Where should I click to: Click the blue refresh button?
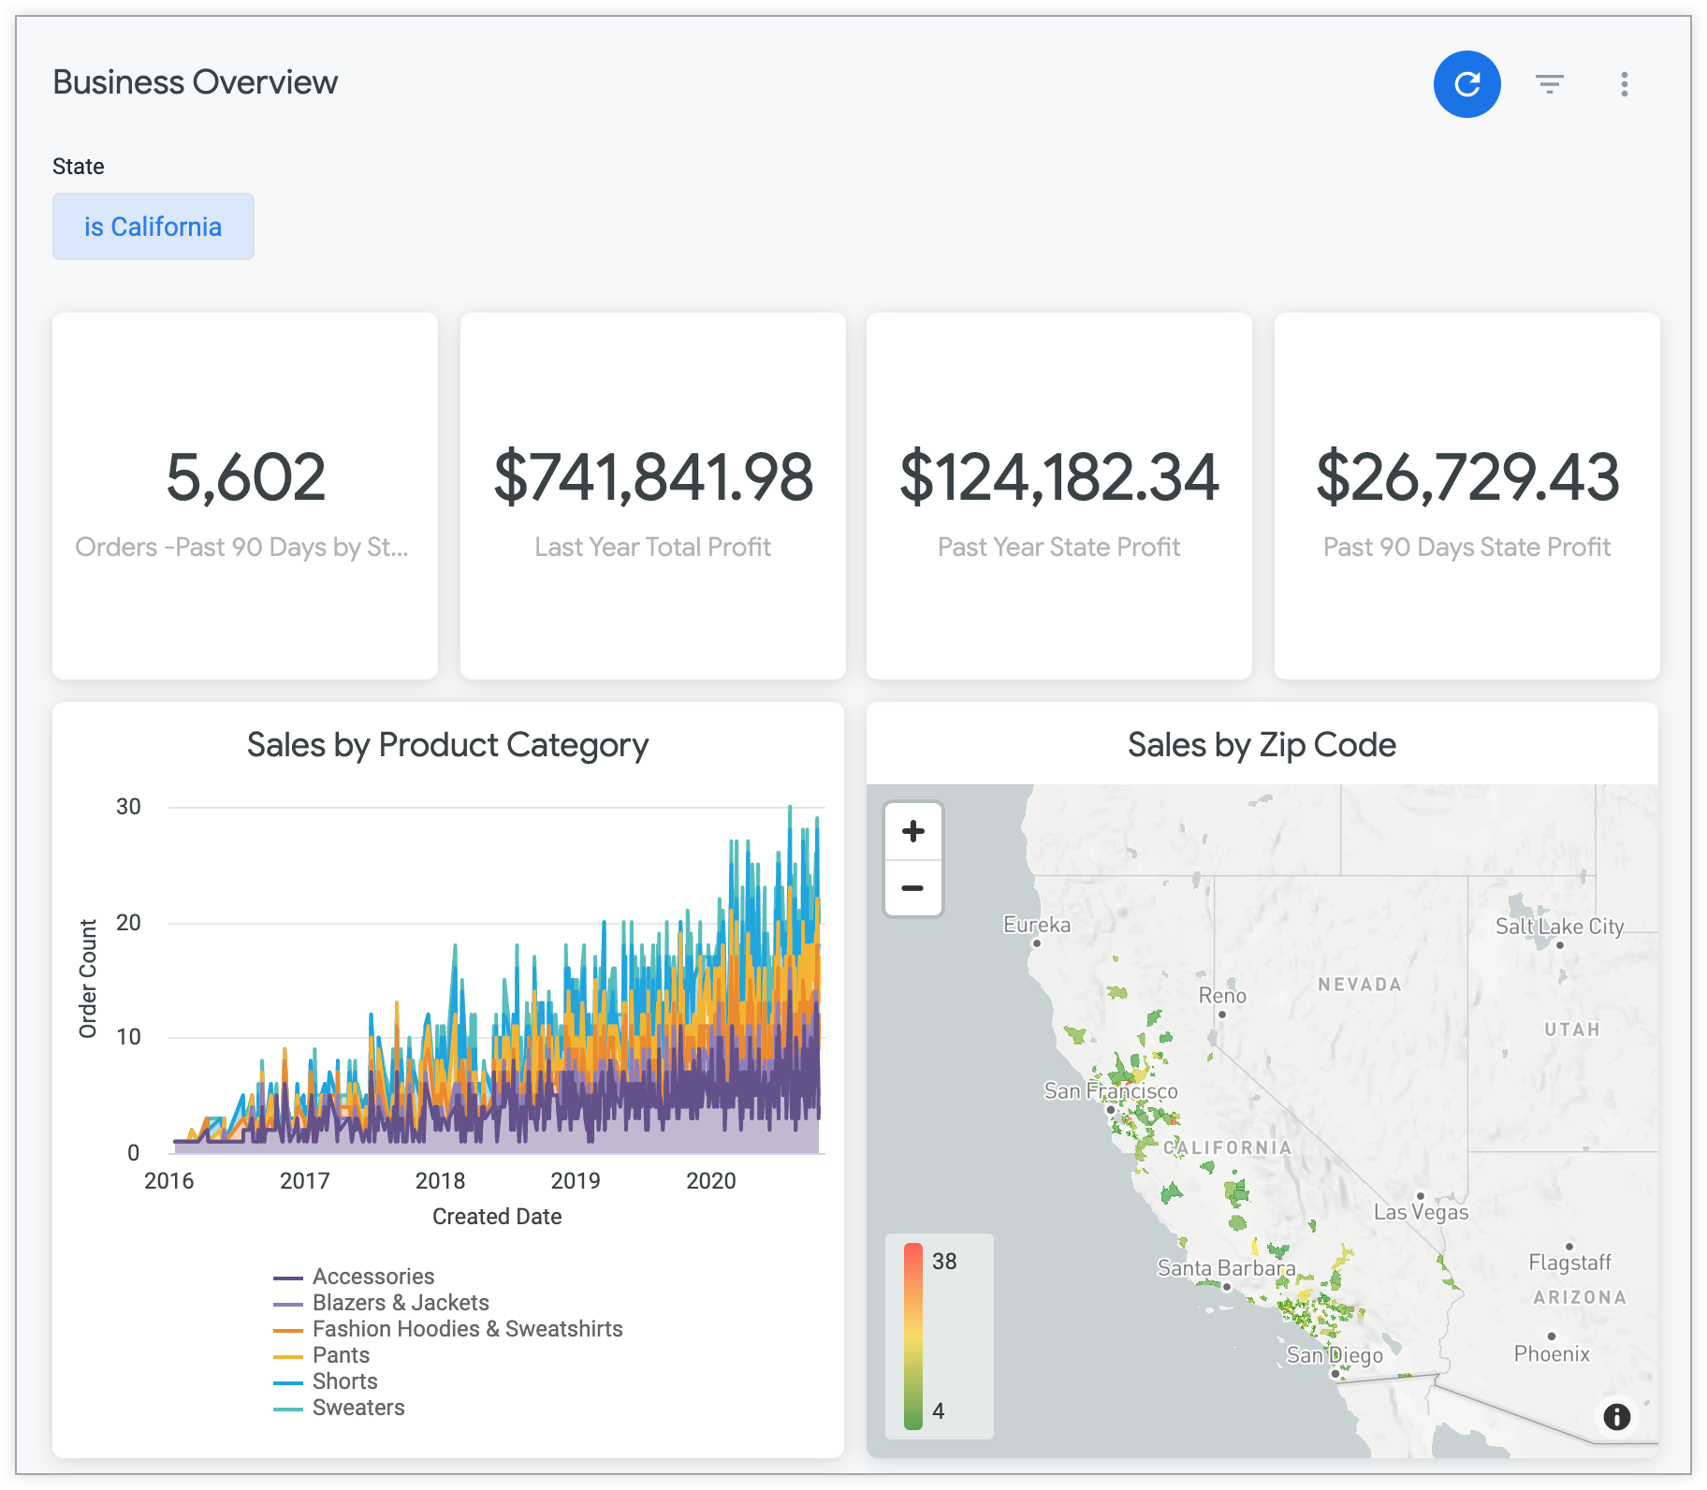pos(1466,84)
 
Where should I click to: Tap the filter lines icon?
pos(1550,84)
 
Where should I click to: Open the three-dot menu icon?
pos(1624,84)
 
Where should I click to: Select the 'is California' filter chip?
pos(153,226)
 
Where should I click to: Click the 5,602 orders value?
pos(245,477)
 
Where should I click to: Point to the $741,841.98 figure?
pos(653,477)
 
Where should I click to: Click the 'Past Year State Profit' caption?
pos(1058,547)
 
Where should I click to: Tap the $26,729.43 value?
pos(1466,477)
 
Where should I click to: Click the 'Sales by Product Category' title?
pos(447,745)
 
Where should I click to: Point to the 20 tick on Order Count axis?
pos(128,923)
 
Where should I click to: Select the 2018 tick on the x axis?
pos(440,1181)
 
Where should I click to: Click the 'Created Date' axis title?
pos(497,1217)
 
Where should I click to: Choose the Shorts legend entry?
pos(344,1381)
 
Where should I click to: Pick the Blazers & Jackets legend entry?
pos(401,1303)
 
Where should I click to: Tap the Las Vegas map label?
pos(1421,1212)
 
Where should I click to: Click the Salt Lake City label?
pos(1559,927)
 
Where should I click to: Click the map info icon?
pos(1616,1416)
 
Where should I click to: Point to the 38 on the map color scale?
pos(944,1262)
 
